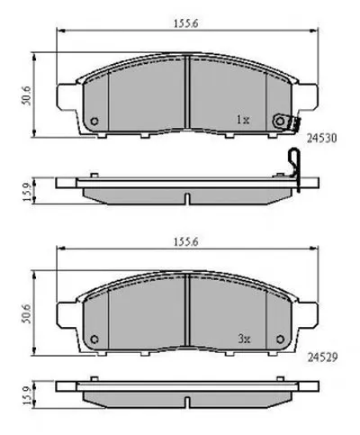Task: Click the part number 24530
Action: [321, 138]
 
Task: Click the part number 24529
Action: [322, 357]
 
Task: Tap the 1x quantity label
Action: [243, 121]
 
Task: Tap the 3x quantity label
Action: [244, 340]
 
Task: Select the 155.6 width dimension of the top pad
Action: [186, 23]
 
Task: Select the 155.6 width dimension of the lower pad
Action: [186, 242]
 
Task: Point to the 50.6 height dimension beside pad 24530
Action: [26, 95]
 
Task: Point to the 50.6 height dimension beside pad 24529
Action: [26, 313]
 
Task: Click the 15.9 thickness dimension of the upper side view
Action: [27, 192]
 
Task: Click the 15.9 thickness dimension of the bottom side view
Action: [27, 395]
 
